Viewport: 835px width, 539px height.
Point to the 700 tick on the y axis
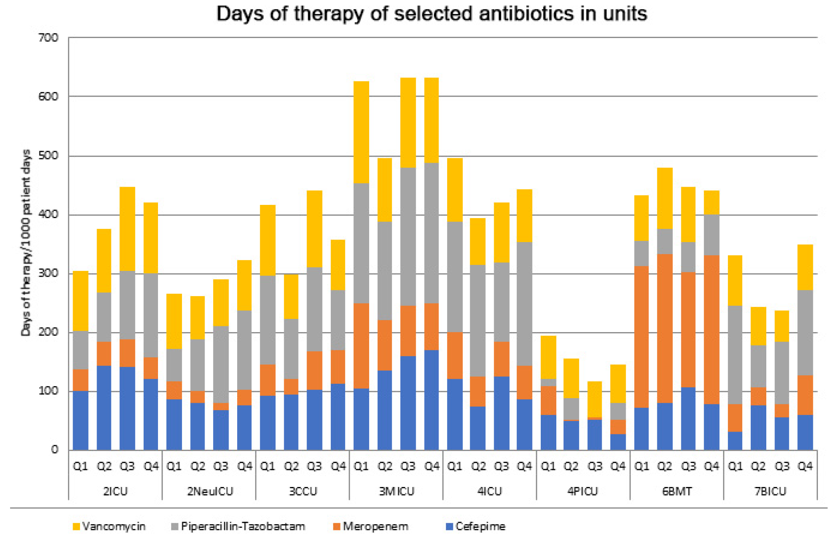pos(49,38)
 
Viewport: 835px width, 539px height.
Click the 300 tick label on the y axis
pos(49,273)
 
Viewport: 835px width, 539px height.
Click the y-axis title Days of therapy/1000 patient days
pos(26,243)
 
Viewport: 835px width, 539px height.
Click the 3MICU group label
pos(396,492)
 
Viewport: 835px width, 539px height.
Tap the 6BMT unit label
pos(677,492)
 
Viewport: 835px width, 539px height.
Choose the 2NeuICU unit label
pos(210,492)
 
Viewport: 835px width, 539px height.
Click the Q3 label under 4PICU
pos(594,466)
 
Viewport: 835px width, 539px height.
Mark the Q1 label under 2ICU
pos(80,466)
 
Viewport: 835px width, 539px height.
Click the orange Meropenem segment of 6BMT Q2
pos(665,328)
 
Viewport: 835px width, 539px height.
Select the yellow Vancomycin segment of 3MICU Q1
pos(361,132)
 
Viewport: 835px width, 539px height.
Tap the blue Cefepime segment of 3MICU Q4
pos(431,400)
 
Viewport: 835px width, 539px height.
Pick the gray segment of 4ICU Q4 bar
pos(524,303)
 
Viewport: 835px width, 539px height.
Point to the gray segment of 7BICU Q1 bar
pos(735,355)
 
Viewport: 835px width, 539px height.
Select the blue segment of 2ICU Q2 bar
pos(104,407)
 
